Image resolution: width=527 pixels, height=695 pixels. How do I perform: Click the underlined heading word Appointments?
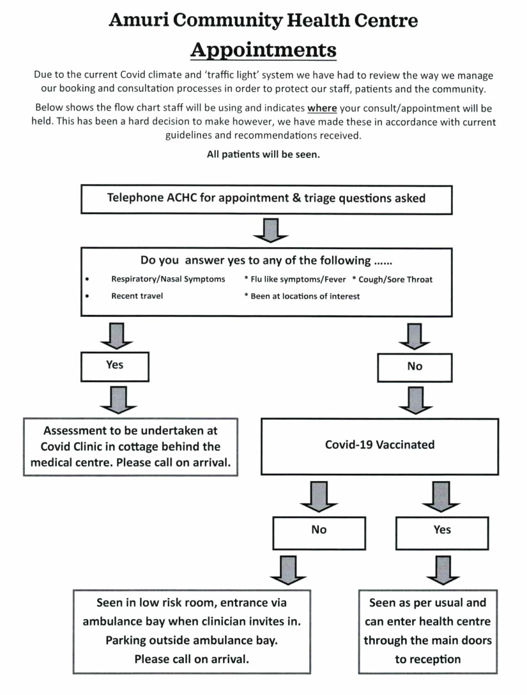coord(263,50)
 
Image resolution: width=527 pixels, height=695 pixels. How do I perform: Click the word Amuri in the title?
coord(139,20)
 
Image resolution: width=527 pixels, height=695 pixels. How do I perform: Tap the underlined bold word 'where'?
coord(322,108)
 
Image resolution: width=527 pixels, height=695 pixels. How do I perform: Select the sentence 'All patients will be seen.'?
coord(263,154)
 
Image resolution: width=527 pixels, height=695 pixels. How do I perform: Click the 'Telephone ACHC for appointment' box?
coord(266,199)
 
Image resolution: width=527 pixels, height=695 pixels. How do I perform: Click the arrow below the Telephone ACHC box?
coord(270,230)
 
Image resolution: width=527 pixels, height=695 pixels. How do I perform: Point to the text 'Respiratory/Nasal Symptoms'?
coord(168,279)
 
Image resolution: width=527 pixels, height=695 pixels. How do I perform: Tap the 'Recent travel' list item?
coord(137,296)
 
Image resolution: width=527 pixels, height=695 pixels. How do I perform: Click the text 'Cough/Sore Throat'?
coord(395,279)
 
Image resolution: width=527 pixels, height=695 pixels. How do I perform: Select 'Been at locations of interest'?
coord(305,296)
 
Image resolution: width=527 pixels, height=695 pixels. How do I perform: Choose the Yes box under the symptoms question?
coord(115,367)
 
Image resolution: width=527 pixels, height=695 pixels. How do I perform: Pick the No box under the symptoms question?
coord(415,367)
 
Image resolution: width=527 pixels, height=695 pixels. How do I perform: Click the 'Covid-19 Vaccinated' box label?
coord(380,445)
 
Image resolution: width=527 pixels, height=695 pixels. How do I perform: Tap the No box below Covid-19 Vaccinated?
coord(319,533)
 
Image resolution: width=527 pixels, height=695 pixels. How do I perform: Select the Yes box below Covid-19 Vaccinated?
coord(442,533)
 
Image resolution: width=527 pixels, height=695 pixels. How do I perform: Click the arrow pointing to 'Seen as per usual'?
coord(443,570)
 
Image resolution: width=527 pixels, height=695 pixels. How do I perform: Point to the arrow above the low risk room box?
coord(288,570)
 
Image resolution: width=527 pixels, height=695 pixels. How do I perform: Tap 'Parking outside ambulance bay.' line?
coord(192,641)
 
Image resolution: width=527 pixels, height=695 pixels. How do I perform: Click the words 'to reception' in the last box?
coord(428,659)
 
